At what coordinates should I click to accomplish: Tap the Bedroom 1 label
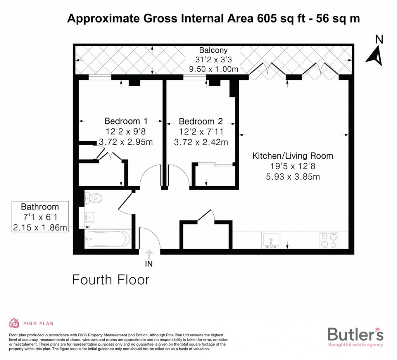coord(126,121)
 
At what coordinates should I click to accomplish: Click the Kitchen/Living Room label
coord(293,156)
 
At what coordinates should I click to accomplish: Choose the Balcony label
coord(213,50)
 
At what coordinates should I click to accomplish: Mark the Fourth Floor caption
coord(110,279)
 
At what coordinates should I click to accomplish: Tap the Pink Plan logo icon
coord(14,323)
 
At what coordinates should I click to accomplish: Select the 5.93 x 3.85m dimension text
coord(293,177)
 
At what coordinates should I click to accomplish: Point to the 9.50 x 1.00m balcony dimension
coord(213,69)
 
